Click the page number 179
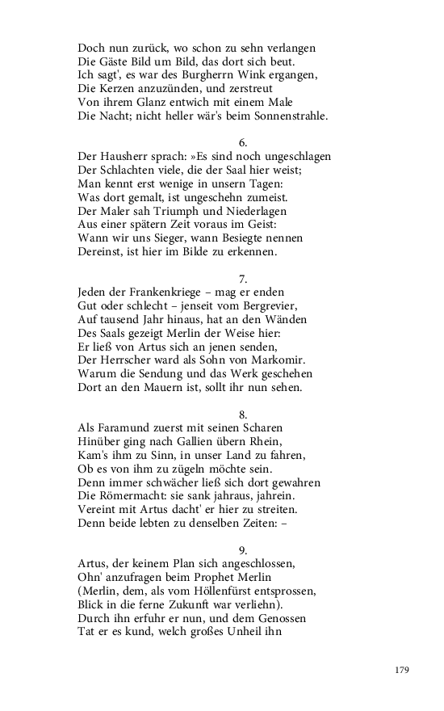coord(403,671)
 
